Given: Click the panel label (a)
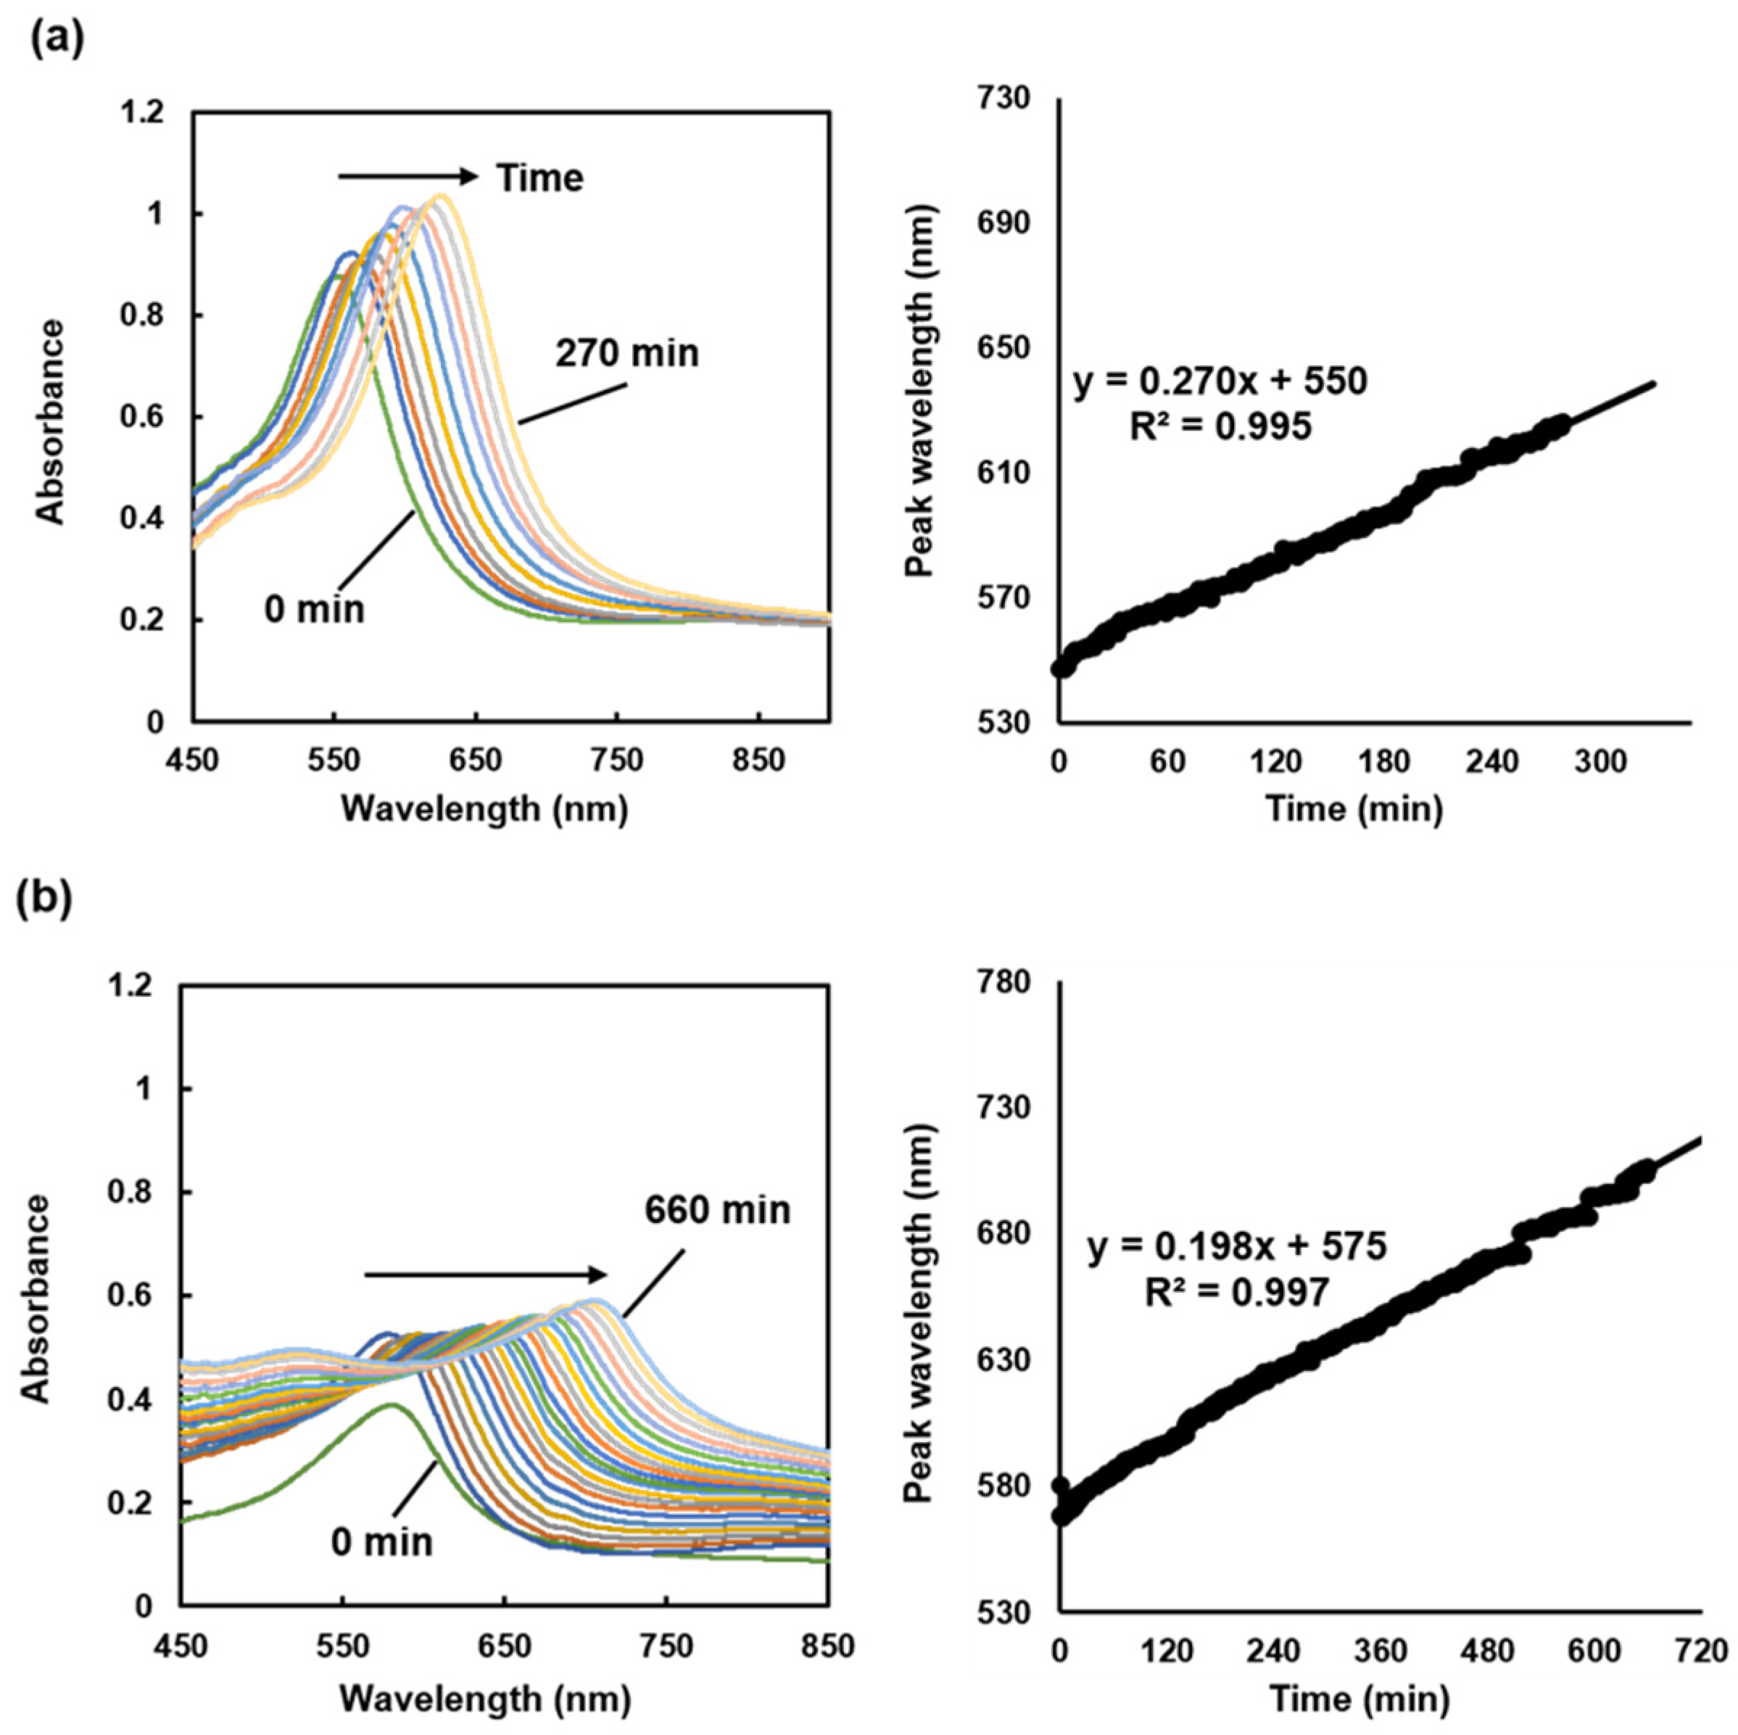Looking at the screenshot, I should (57, 40).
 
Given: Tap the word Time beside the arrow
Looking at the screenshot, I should (541, 178).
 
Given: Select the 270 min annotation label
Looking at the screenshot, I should (627, 352).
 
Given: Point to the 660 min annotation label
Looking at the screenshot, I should (717, 1210).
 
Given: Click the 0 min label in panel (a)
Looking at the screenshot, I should (315, 609).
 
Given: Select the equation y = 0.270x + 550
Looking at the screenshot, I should (1220, 382).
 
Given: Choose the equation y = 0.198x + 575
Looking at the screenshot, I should (1237, 1248).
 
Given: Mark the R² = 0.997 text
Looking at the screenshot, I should (1237, 1293).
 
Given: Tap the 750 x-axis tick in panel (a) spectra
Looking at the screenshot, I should (617, 761).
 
